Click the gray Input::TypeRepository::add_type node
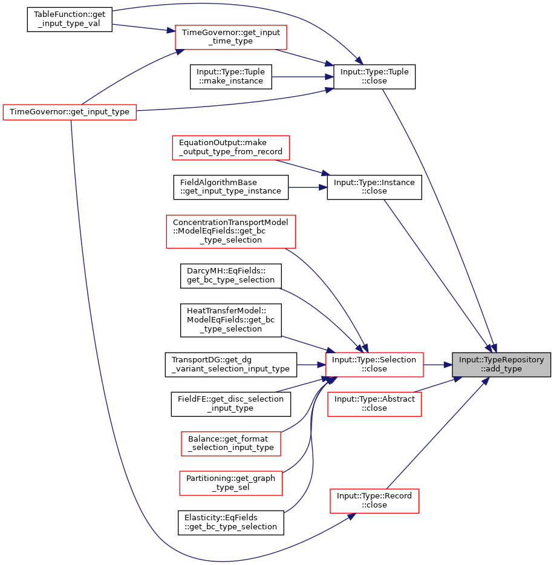501,364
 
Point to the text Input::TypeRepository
501,360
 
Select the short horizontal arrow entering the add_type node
438,365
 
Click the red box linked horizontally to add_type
374,365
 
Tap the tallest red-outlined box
231,232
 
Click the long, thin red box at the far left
70,113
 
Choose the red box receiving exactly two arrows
231,38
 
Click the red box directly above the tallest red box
231,148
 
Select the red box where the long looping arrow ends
374,501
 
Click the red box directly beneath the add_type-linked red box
374,404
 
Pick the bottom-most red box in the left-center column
231,483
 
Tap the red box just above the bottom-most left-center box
231,444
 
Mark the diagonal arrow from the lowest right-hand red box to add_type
435,436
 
